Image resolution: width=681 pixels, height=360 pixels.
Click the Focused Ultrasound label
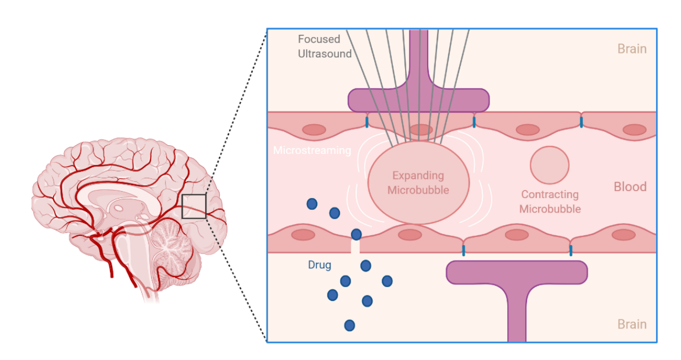tap(324, 46)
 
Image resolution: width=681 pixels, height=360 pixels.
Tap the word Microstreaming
tap(312, 150)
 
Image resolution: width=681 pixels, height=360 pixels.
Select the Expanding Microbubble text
tap(418, 183)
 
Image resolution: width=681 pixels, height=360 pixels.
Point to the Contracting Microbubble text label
tap(550, 202)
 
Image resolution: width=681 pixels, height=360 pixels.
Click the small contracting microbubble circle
tap(550, 165)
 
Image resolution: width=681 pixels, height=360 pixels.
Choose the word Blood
tap(630, 187)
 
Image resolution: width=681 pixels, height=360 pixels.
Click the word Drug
tap(320, 265)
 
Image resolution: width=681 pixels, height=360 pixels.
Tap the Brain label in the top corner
tap(632, 49)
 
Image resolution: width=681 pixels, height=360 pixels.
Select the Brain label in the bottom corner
tap(632, 324)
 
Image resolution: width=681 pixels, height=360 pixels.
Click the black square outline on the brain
tap(194, 206)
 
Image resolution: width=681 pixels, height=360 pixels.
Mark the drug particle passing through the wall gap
tap(356, 235)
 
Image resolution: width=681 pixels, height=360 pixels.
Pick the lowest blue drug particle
tap(349, 325)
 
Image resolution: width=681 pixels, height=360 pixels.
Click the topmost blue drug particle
tap(312, 204)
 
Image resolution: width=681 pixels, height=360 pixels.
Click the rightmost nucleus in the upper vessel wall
tap(634, 130)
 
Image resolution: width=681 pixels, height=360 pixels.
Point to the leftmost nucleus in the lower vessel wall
tap(303, 235)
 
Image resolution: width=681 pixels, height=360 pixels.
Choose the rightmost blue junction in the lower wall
tap(571, 251)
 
